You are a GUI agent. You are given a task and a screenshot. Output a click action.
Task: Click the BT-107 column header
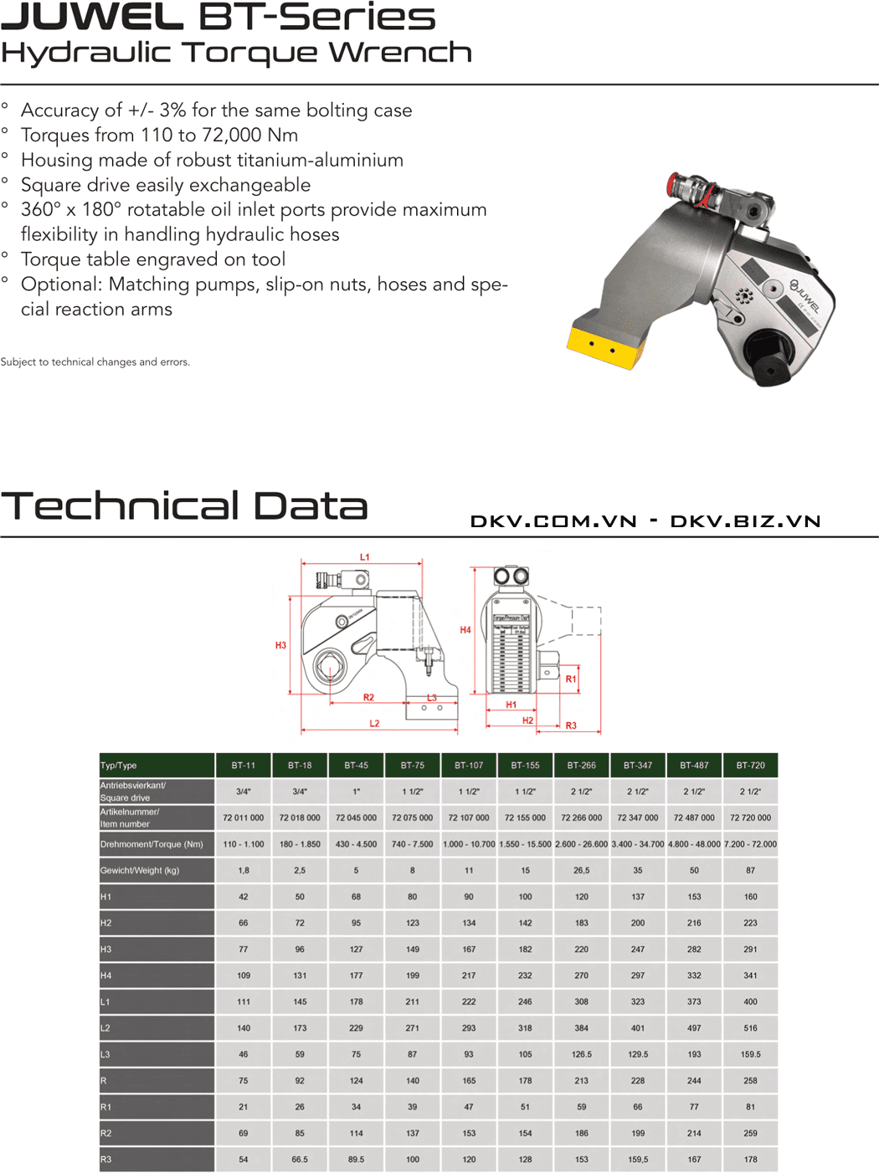pos(469,765)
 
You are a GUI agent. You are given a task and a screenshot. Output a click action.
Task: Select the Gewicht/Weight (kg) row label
pos(140,870)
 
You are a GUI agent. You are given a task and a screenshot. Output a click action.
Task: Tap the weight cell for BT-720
pos(750,870)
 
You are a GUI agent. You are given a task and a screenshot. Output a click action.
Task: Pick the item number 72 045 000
pos(356,818)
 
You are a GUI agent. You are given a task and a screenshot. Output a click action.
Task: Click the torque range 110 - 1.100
pos(243,844)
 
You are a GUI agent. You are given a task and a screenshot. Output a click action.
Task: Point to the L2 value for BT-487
pos(694,1028)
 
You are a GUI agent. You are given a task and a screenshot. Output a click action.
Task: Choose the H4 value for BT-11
pos(243,976)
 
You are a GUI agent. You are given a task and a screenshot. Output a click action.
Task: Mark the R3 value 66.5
pos(300,1160)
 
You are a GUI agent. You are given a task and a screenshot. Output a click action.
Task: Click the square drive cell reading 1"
pos(356,791)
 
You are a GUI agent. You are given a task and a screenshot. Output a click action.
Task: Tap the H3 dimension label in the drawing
pos(280,645)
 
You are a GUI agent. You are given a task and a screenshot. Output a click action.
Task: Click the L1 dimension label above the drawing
pos(364,557)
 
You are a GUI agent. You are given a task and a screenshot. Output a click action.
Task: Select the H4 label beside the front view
pos(465,630)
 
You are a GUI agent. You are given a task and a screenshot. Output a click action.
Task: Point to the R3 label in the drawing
pos(571,725)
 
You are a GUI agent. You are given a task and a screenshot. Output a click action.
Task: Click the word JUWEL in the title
pos(92,17)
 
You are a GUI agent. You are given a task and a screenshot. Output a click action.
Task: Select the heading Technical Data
pos(184,506)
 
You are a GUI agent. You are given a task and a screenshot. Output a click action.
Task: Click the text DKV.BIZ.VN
pos(745,522)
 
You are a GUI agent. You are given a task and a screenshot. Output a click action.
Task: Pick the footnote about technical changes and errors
pos(95,362)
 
